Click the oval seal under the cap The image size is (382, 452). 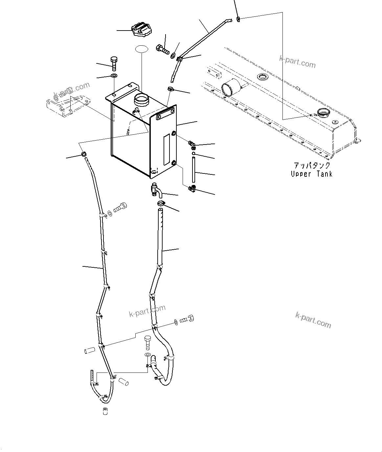coord(142,49)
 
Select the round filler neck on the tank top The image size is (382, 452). coord(141,100)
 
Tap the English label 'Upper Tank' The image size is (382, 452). coord(311,174)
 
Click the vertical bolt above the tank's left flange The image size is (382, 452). coord(114,63)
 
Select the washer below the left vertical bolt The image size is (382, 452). coord(114,76)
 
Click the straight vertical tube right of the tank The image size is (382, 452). coord(194,169)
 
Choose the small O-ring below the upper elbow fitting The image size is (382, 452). coord(194,153)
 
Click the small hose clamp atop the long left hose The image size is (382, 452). coord(83,153)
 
